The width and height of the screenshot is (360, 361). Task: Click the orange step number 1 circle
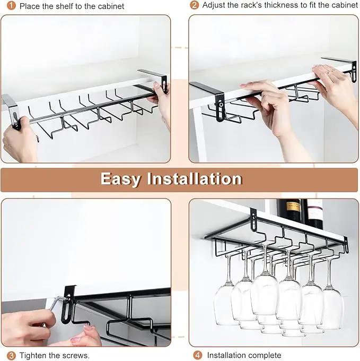11,5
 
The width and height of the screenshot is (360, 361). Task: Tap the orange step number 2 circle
194,5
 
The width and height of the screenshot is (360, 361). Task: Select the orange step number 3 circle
11,356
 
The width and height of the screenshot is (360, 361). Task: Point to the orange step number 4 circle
198,355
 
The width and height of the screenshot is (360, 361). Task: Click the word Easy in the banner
121,179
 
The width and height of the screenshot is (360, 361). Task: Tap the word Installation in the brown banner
195,178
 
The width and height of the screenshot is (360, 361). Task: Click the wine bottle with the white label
314,213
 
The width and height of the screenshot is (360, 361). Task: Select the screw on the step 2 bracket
221,105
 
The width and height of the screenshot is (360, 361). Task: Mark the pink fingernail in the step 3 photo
86,328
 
